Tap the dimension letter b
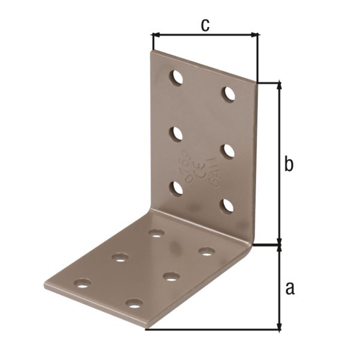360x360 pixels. [289, 163]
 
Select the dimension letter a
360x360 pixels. [290, 289]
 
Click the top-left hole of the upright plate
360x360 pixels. [176, 77]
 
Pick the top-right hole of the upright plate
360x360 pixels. [229, 94]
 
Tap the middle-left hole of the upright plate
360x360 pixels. [176, 133]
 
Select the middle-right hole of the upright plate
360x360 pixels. [228, 150]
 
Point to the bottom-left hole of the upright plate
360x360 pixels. [176, 188]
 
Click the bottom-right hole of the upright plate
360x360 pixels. [228, 206]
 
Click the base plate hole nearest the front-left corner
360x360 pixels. [83, 282]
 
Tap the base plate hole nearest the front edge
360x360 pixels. [134, 303]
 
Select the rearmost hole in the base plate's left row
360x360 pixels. [156, 233]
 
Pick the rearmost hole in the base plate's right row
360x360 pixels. [207, 251]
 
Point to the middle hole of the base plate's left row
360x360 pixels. [120, 257]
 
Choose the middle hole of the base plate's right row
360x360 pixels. [171, 277]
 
